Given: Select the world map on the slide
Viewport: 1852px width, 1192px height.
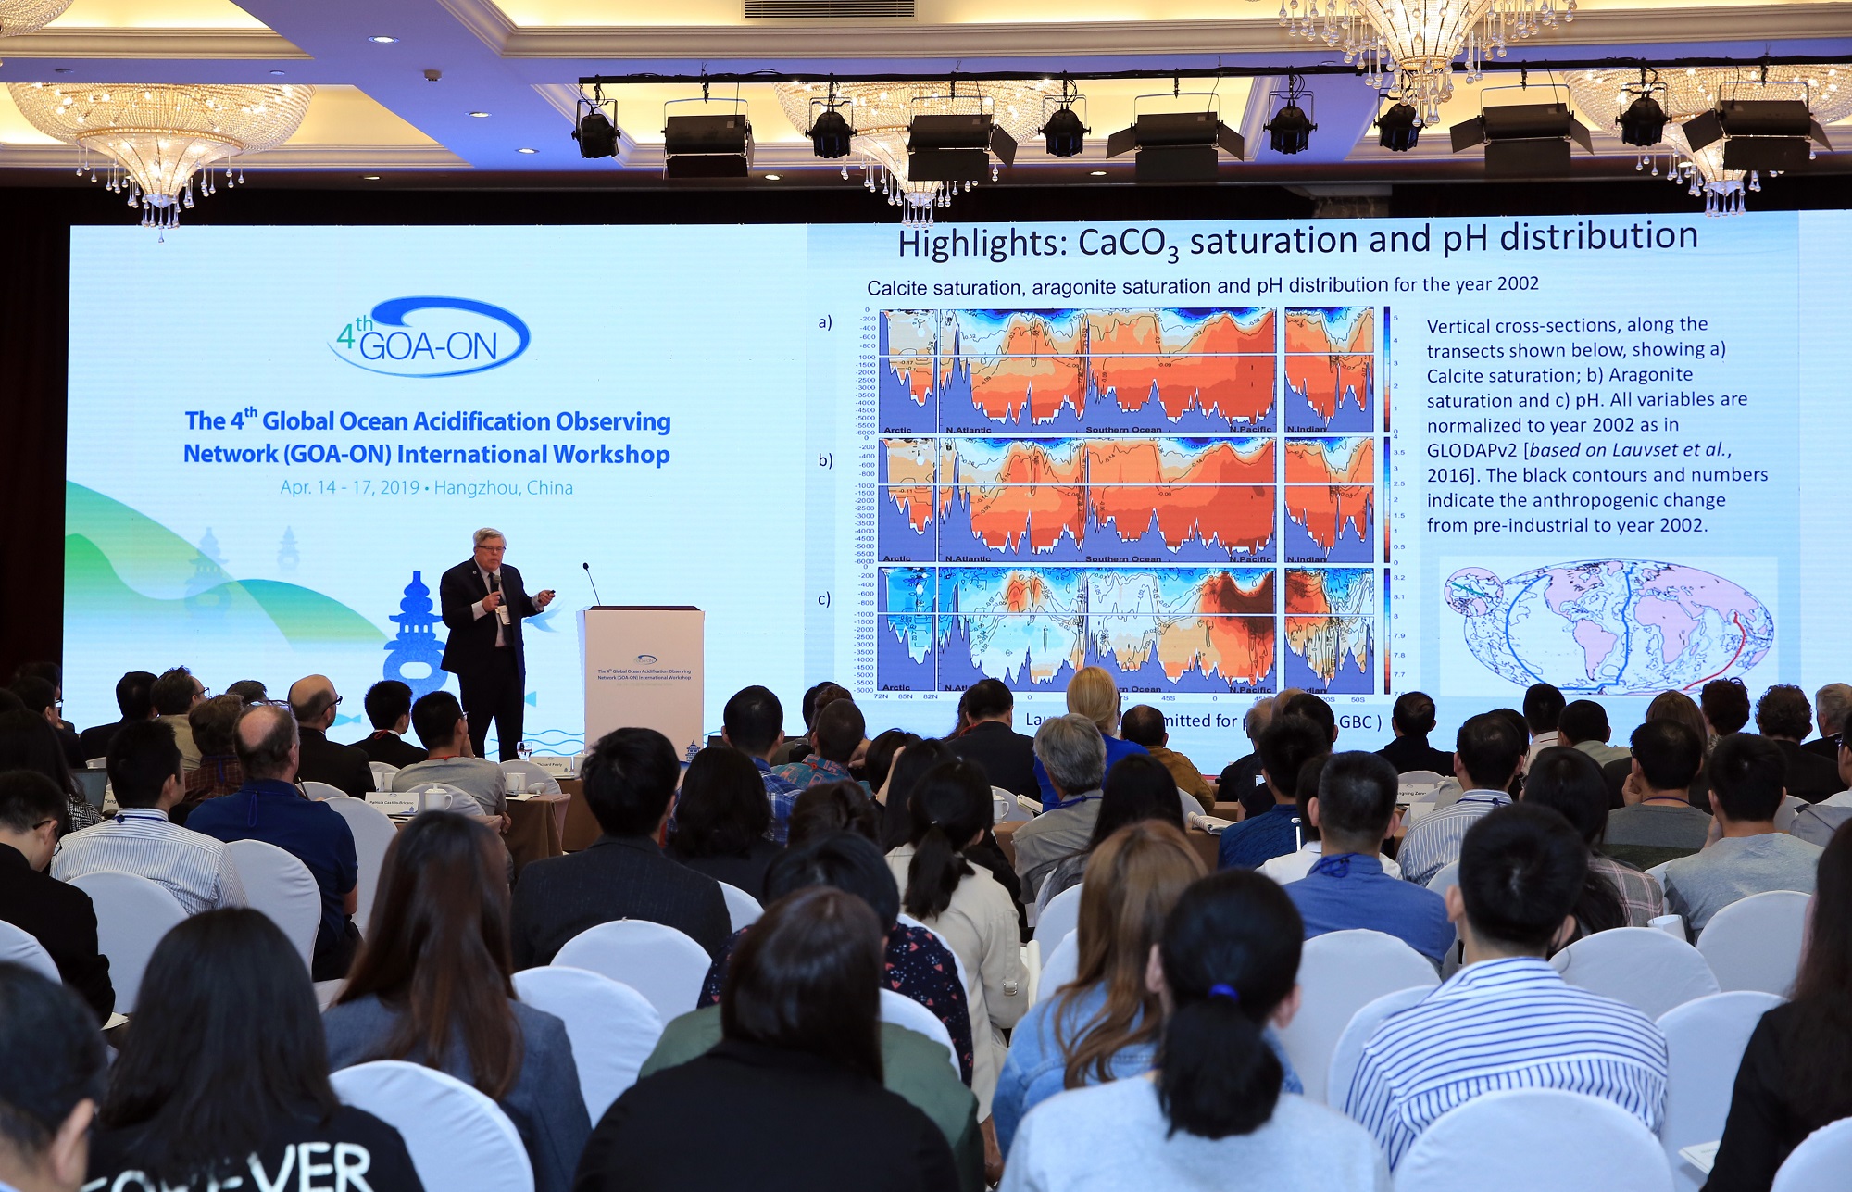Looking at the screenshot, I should point(1608,626).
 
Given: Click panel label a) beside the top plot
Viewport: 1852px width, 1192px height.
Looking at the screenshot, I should point(824,322).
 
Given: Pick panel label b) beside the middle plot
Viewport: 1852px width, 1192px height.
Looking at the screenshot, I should point(824,460).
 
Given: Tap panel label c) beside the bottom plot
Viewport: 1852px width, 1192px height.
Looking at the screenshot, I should point(823,599).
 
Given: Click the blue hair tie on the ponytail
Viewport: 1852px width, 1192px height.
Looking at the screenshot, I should point(1221,993).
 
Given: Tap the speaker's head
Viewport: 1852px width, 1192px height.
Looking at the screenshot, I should point(488,546).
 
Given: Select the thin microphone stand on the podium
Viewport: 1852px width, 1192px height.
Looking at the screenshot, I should point(592,584).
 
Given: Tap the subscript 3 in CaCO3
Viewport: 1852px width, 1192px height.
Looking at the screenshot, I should point(1172,255).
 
